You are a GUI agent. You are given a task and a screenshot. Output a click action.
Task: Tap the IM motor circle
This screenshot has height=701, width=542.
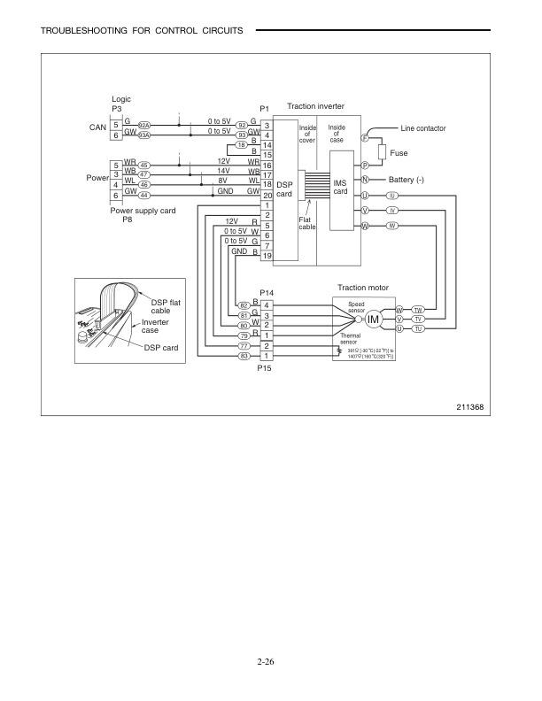pos(374,319)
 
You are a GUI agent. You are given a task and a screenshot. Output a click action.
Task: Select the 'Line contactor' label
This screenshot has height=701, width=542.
pos(424,128)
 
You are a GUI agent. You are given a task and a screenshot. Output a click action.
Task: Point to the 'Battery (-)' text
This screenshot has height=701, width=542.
pos(406,180)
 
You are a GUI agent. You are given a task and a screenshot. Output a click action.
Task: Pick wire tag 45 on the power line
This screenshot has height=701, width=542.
pos(145,165)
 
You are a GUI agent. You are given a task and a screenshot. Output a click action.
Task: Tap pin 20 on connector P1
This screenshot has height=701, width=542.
pos(267,196)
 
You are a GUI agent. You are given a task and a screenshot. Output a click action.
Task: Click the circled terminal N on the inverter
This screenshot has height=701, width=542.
pos(365,180)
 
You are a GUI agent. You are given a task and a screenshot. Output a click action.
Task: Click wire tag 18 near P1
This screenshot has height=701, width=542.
pos(241,144)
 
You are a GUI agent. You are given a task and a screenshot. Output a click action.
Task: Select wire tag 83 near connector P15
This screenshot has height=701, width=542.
pos(244,356)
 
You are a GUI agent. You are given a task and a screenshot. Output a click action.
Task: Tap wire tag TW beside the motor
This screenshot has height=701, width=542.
pos(418,309)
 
